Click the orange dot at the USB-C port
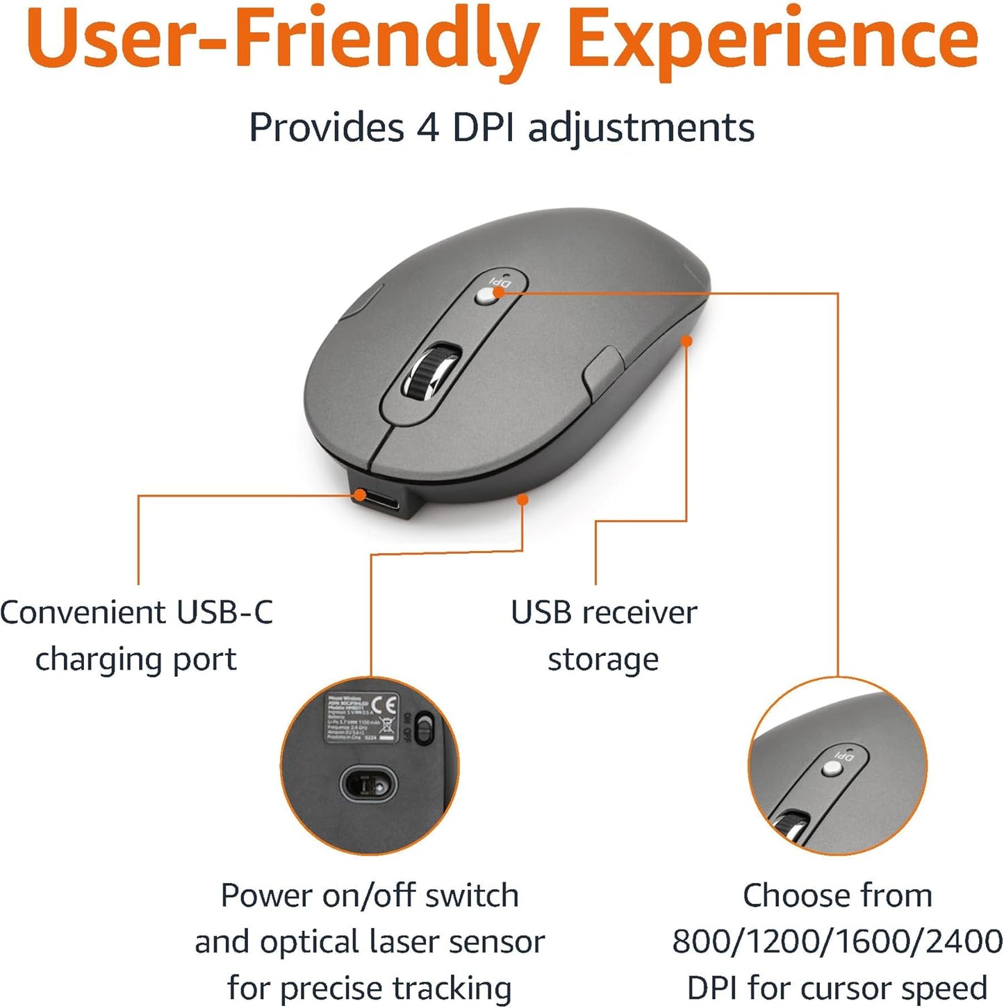359,495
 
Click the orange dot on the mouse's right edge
686,341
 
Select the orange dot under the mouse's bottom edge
522,499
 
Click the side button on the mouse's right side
603,368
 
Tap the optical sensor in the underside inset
368,784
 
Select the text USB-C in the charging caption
225,613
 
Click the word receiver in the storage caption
639,613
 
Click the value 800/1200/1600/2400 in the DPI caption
837,942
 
